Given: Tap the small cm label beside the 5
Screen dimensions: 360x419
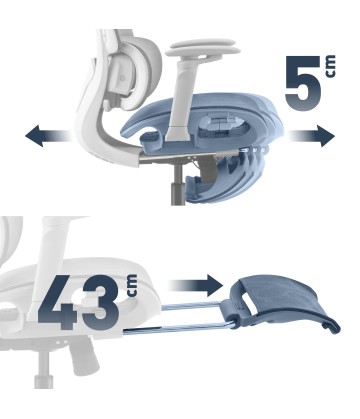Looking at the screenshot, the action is pyautogui.click(x=330, y=67).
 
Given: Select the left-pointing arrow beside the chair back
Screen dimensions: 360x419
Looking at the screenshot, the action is pyautogui.click(x=47, y=136).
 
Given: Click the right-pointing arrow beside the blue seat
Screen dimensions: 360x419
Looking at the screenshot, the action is pyautogui.click(x=311, y=136).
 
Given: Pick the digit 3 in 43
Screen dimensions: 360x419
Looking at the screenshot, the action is pyautogui.click(x=101, y=302).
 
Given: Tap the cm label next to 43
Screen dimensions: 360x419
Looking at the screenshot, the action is pyautogui.click(x=132, y=286).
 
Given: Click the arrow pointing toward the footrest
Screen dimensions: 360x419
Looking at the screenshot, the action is pyautogui.click(x=195, y=285).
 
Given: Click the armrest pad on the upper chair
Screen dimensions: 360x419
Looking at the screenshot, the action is pyautogui.click(x=203, y=48).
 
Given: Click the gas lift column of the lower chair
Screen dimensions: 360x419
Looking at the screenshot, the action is pyautogui.click(x=43, y=368).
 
